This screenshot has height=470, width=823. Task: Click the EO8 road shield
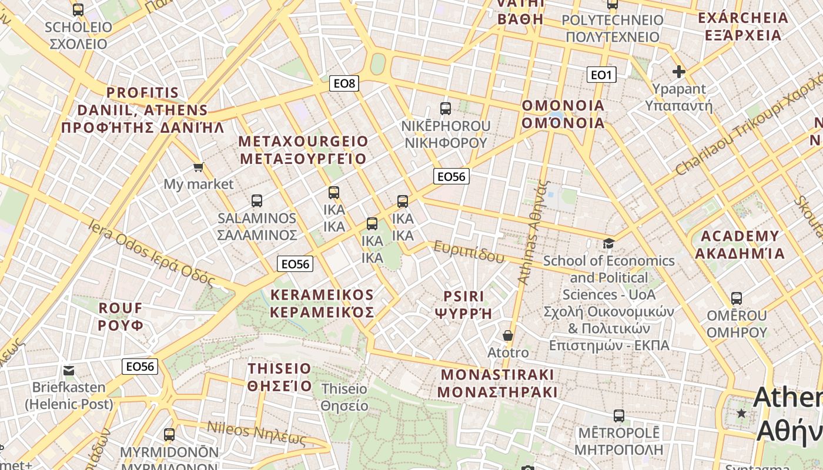point(344,83)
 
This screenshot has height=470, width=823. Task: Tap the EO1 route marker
point(601,75)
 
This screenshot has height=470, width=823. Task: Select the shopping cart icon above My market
point(199,167)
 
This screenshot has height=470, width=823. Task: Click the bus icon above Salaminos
point(257,201)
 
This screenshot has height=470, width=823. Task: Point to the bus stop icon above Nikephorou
point(446,109)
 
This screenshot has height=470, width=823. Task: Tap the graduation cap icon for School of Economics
point(608,243)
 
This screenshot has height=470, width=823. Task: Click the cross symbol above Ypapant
point(679,72)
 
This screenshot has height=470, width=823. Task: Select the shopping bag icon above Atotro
point(508,335)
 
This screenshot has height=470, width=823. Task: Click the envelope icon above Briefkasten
point(69,370)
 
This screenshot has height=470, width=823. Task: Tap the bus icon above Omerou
point(737,298)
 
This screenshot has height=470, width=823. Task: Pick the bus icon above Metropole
point(618,416)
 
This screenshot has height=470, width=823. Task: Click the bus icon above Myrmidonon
point(169,435)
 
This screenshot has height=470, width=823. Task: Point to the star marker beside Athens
point(742,414)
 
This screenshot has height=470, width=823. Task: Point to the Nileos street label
point(257,434)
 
